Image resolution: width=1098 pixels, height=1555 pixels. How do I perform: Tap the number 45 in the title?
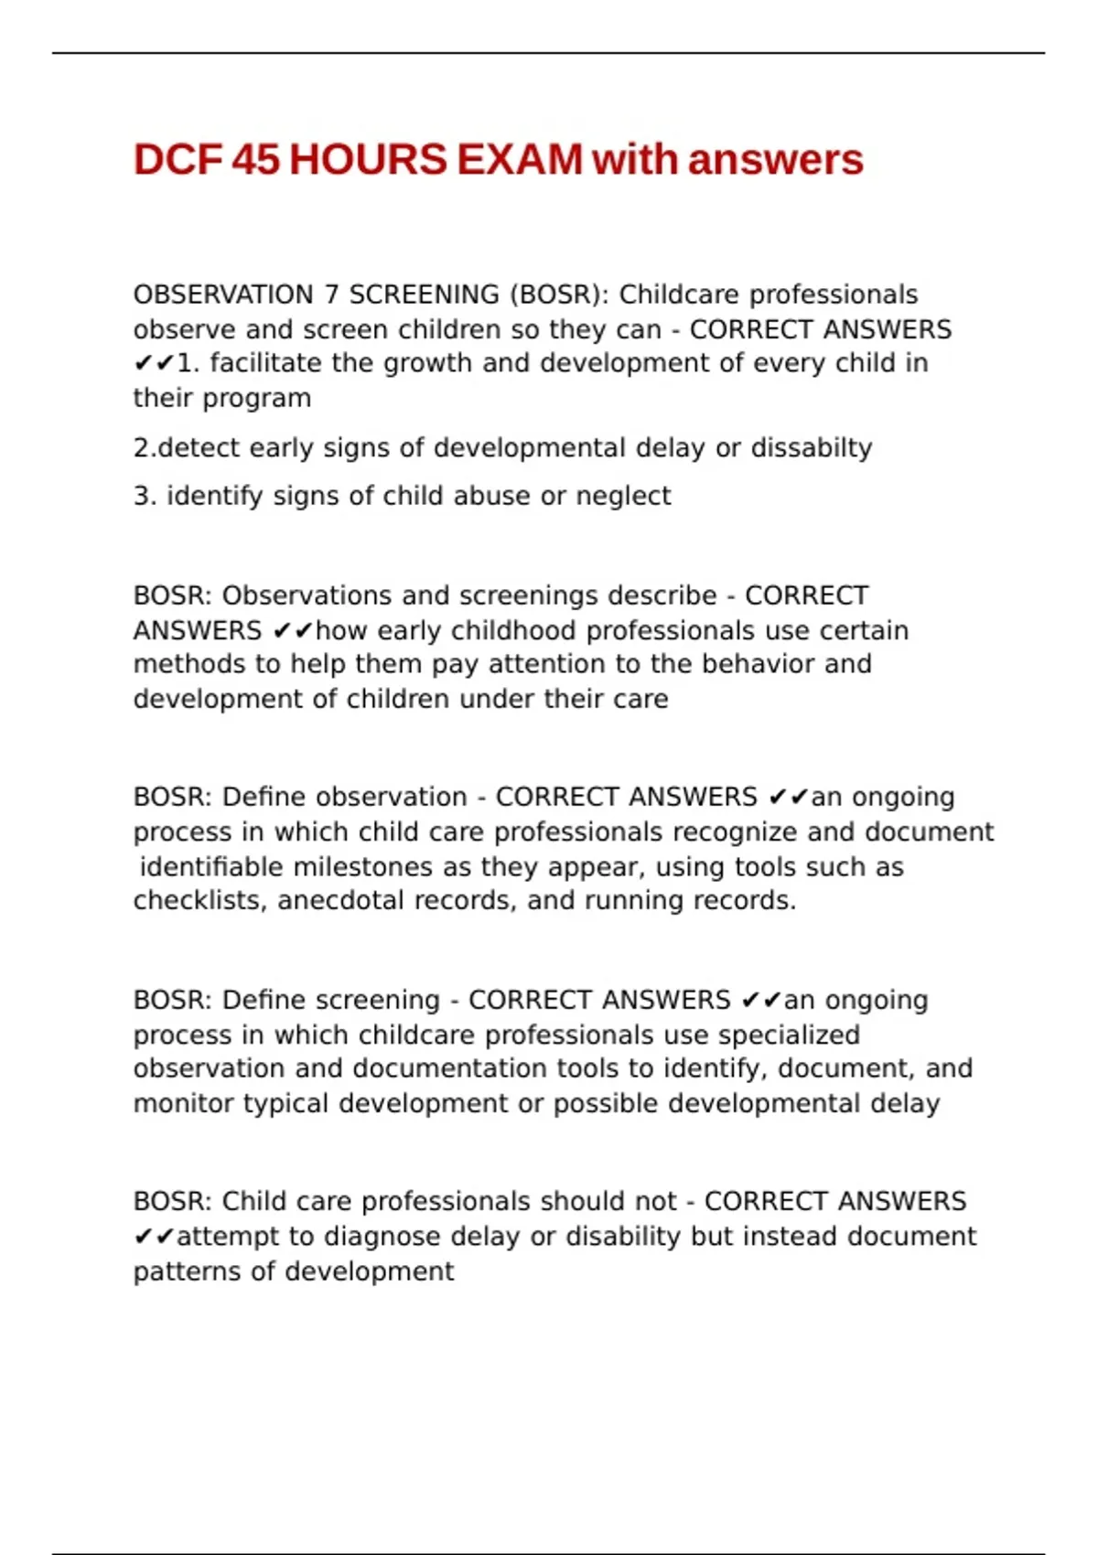[x=255, y=160]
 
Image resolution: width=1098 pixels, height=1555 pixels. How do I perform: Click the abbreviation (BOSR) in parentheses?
[x=558, y=295]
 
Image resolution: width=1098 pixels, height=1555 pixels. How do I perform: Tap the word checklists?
[x=200, y=901]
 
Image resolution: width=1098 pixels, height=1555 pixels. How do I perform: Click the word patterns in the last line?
[x=187, y=1271]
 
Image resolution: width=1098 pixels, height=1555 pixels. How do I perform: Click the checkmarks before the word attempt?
[x=153, y=1237]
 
